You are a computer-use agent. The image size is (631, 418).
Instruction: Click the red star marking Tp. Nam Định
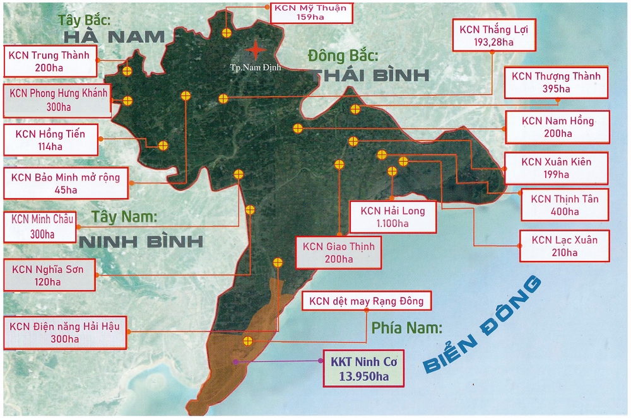point(256,49)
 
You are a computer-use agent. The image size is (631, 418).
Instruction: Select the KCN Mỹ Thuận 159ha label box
point(310,11)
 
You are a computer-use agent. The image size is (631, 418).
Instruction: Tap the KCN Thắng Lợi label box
point(495,36)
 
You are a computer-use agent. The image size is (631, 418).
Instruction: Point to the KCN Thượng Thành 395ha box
point(556,82)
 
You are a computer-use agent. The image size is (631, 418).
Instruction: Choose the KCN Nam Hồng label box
point(557,127)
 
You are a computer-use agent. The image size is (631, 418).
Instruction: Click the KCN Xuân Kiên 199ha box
point(557,168)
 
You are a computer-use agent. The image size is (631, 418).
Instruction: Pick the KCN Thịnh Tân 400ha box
point(564,205)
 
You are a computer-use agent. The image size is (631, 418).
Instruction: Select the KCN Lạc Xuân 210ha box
point(564,246)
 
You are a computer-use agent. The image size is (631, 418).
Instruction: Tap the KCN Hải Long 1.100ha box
point(392,217)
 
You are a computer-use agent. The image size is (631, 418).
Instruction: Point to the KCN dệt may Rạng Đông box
point(366,301)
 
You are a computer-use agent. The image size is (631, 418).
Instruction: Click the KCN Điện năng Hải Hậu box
point(64,332)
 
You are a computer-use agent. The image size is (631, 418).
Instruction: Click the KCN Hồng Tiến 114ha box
point(50,140)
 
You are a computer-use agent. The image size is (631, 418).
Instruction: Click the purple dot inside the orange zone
point(235,361)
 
